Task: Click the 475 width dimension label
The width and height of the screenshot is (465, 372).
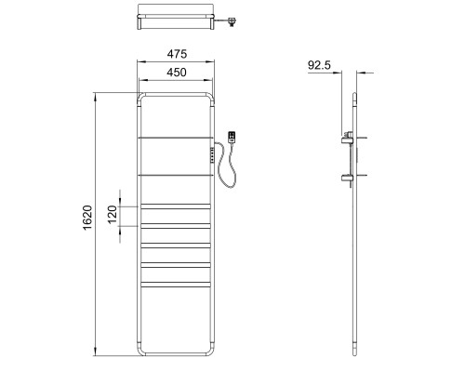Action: click(177, 54)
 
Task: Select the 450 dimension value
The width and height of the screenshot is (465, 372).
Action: click(177, 73)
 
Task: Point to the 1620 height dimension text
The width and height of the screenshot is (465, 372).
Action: click(87, 218)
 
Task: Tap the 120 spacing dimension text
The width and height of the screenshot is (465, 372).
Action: click(113, 214)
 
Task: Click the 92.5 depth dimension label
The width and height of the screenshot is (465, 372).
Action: click(319, 65)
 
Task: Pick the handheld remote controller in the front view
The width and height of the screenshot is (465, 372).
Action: click(232, 137)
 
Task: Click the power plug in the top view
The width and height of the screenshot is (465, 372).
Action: click(231, 22)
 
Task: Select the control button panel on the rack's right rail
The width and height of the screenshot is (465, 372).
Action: click(213, 154)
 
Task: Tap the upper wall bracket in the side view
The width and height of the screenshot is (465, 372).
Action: click(348, 139)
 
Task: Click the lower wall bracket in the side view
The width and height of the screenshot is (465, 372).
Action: click(347, 179)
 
